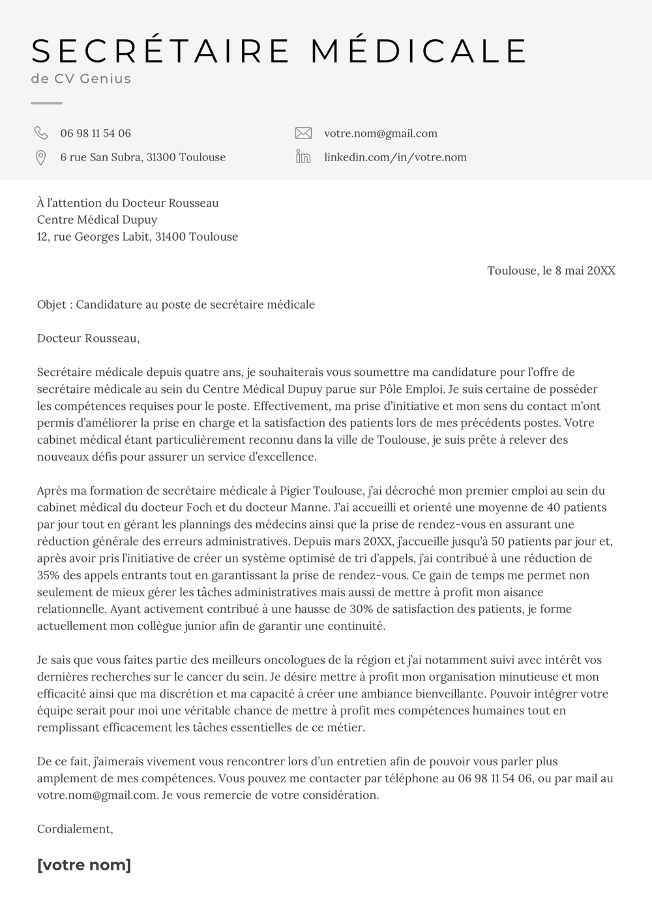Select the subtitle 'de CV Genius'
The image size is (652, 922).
[81, 79]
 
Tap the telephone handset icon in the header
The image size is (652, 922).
[41, 133]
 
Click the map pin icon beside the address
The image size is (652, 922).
[40, 157]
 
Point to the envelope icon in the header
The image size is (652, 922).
[303, 133]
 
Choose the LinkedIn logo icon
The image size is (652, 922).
[303, 157]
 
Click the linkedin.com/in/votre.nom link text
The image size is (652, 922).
[395, 157]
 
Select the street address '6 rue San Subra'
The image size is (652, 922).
[100, 157]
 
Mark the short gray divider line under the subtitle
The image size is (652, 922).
[46, 103]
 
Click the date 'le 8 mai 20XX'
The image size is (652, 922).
[579, 271]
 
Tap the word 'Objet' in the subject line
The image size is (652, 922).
[52, 305]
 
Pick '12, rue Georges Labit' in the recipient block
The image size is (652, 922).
[92, 237]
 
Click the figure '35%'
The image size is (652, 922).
[48, 576]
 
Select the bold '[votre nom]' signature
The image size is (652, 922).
[84, 865]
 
